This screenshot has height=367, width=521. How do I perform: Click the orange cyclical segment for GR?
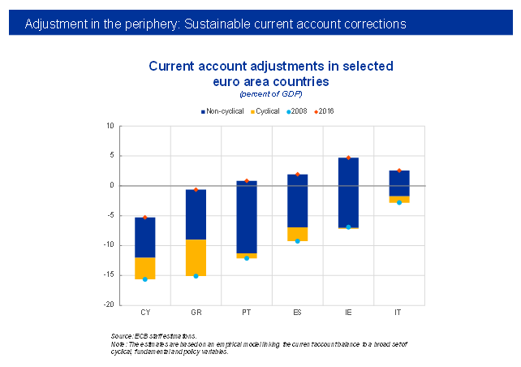click(196, 257)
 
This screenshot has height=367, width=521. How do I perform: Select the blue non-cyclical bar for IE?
click(348, 192)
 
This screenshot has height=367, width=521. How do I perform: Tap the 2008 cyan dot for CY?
click(145, 279)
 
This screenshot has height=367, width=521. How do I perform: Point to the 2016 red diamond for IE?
click(348, 158)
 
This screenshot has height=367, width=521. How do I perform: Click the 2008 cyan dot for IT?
click(399, 202)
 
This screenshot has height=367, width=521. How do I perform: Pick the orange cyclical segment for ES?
click(298, 234)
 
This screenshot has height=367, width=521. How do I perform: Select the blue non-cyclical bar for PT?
click(247, 217)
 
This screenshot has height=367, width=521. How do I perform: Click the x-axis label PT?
click(247, 313)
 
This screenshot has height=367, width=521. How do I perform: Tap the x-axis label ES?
click(298, 313)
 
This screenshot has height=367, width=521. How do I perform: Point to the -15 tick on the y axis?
click(109, 275)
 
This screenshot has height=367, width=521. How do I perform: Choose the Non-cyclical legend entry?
click(224, 110)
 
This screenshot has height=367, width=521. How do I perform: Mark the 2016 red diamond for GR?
click(196, 189)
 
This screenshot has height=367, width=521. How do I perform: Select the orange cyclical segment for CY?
click(145, 268)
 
